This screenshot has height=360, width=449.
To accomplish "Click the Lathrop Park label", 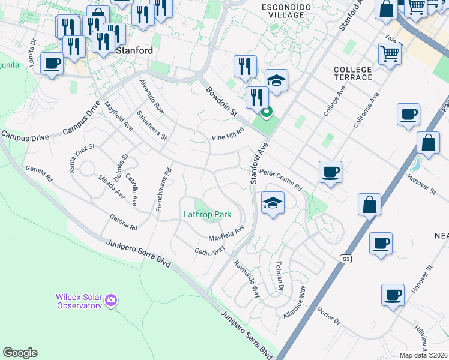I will pos(207,214).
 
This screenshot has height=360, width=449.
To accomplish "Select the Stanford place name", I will pos(134,51).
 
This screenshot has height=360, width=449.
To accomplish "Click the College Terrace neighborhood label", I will pos(353,74).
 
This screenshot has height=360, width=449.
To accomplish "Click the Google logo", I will pos(20,353).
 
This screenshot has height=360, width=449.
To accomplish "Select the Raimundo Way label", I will pos(246,278).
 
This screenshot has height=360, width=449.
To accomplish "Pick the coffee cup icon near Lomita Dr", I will pos(52,63).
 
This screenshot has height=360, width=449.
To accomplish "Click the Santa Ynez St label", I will pos(82,158).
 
